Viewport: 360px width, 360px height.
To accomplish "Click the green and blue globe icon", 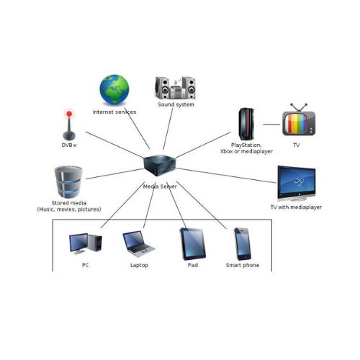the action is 114,89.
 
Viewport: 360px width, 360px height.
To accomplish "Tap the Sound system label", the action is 176,104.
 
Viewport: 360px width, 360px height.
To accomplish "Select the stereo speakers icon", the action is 175,88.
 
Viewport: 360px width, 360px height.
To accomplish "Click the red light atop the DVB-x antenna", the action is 69,114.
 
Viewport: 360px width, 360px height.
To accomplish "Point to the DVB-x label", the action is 69,145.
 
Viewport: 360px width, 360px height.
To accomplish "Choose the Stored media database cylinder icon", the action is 68,181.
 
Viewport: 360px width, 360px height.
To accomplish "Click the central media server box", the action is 159,166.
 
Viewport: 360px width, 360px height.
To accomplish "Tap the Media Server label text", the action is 160,186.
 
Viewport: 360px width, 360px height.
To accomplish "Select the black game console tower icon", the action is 246,124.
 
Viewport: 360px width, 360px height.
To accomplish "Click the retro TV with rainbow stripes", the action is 299,120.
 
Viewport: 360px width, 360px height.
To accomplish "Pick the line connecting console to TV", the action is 271,125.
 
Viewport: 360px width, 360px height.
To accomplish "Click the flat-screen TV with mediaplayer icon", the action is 297,183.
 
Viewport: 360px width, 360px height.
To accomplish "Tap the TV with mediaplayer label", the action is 296,207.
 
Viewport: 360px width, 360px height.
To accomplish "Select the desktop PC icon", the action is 86,243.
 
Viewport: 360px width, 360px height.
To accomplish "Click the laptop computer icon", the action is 139,243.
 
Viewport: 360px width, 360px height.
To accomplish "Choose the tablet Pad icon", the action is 193,244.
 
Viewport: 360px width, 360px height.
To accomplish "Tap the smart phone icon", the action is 243,244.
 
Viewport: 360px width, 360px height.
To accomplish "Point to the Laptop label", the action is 139,265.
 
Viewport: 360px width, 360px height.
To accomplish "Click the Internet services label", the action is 114,112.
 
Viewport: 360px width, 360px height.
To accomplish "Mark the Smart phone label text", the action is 243,265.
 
